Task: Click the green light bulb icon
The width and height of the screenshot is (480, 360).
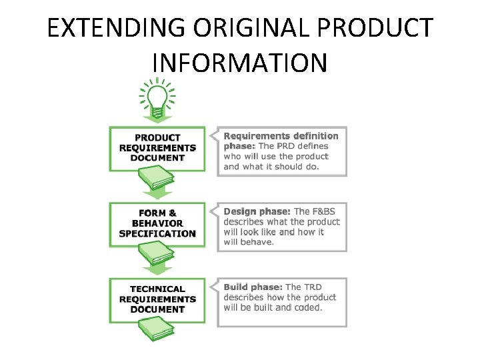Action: pos(157,99)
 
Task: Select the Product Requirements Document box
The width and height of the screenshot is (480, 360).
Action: pos(157,148)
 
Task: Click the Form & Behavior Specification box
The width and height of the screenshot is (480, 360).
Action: pos(157,223)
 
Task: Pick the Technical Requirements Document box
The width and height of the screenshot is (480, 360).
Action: pos(157,299)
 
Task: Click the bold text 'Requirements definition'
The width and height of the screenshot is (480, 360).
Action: pos(281,136)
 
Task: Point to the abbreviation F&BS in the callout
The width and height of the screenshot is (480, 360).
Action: pos(326,211)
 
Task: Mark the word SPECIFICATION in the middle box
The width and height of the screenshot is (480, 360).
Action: pos(157,234)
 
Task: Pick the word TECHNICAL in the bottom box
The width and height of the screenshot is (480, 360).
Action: pos(157,289)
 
